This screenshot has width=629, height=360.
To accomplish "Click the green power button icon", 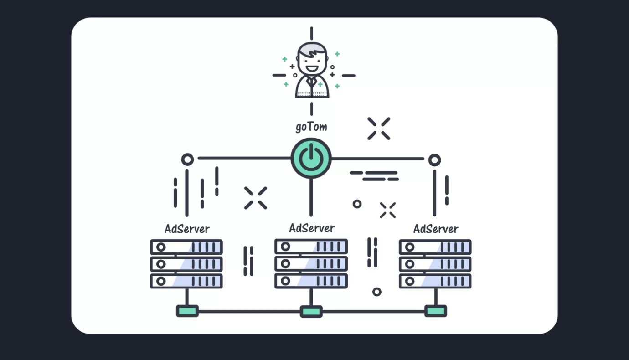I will click(x=311, y=158).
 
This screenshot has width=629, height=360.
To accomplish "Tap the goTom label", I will click(x=311, y=126).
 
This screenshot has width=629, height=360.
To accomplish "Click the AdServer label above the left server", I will click(x=187, y=228).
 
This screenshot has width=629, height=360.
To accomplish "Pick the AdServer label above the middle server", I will click(x=312, y=228).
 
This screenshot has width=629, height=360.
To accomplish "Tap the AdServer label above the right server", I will click(x=436, y=228).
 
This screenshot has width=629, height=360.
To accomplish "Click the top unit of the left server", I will click(x=186, y=247).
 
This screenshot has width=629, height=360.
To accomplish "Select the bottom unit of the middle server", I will click(x=311, y=280).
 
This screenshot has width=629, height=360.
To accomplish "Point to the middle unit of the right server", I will click(x=435, y=264).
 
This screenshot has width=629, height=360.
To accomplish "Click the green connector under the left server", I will click(x=187, y=311).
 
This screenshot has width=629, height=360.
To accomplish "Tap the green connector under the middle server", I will click(x=311, y=311).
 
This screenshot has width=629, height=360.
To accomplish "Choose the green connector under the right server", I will click(x=435, y=311).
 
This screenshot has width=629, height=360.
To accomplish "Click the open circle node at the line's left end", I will click(x=187, y=159).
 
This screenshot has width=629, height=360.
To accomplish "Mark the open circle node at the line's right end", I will click(x=434, y=160).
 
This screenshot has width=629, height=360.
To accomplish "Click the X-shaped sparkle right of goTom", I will click(x=379, y=128).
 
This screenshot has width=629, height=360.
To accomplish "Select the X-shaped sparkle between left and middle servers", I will click(x=255, y=198).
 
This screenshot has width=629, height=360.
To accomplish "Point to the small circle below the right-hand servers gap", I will click(x=376, y=292).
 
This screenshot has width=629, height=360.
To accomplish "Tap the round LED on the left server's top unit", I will click(x=161, y=247).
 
